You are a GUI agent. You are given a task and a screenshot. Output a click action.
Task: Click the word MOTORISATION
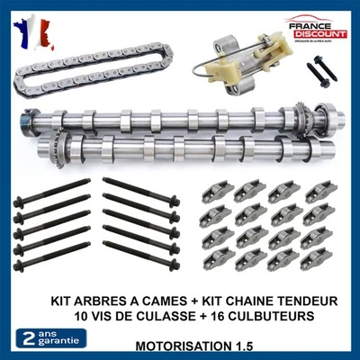[180, 346]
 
